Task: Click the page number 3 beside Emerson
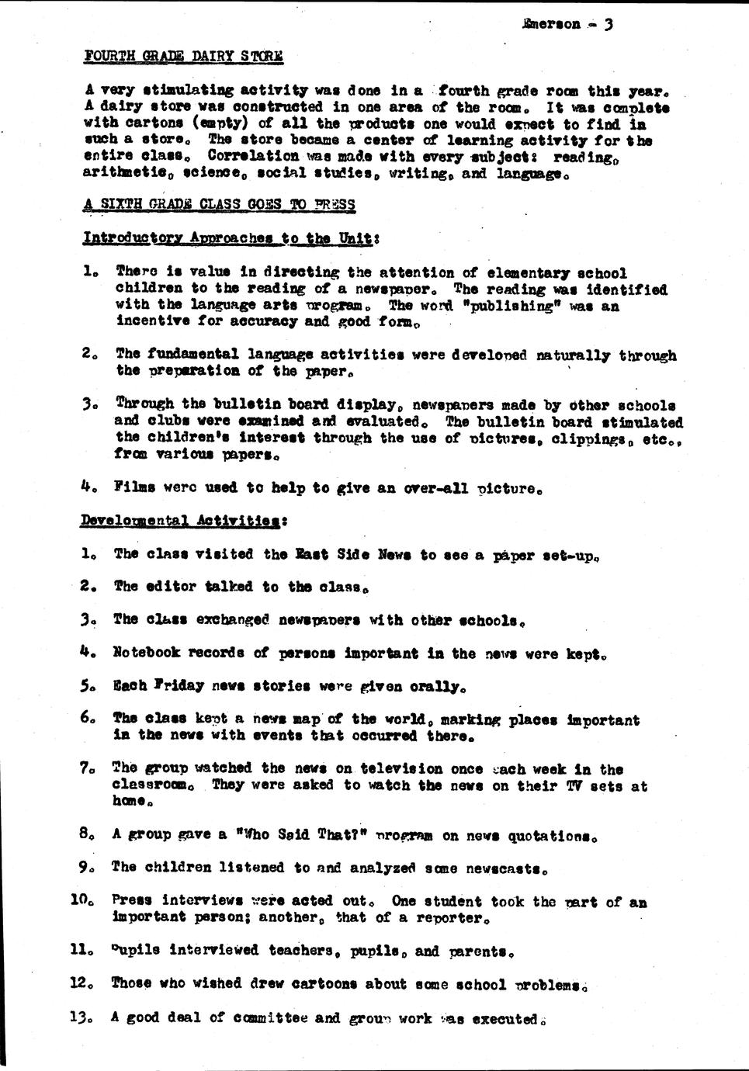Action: point(609,23)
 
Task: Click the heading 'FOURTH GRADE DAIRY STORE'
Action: point(183,56)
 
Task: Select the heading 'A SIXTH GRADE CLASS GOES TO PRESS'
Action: point(219,205)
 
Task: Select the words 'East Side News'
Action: point(353,554)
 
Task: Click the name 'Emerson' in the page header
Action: point(552,24)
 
